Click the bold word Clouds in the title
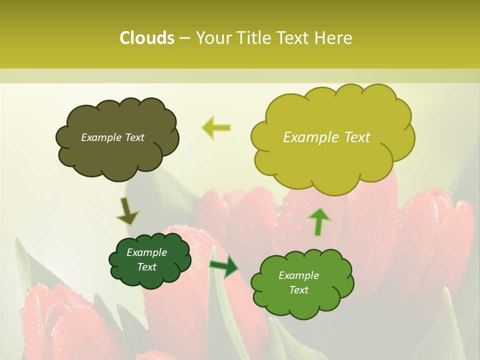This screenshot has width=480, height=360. pyautogui.click(x=146, y=38)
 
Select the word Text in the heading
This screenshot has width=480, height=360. pyautogui.click(x=293, y=38)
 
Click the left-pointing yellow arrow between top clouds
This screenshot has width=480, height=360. pyautogui.click(x=216, y=127)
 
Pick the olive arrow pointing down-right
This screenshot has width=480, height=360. pyautogui.click(x=127, y=211)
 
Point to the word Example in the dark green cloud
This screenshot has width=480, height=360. pyautogui.click(x=146, y=252)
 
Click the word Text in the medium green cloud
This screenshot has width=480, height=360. pyautogui.click(x=298, y=290)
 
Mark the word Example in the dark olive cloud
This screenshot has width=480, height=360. pyautogui.click(x=101, y=137)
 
